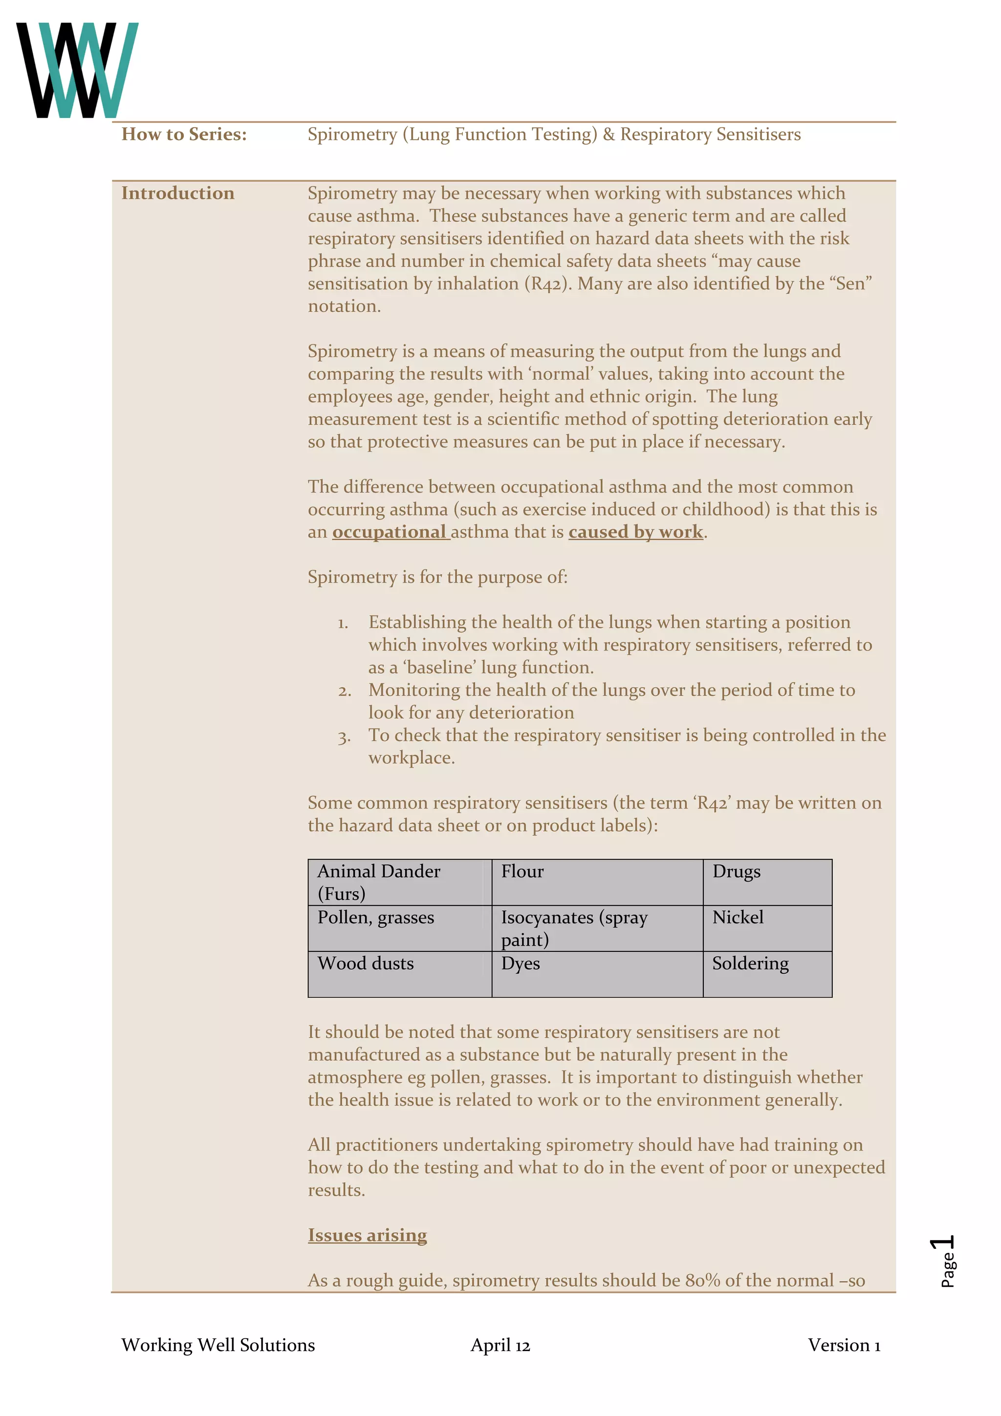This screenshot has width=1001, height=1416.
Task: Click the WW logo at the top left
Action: click(77, 70)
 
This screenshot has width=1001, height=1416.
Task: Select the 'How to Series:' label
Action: click(184, 134)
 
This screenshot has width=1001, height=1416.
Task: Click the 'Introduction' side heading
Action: click(177, 193)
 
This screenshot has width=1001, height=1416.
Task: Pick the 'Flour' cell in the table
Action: click(597, 882)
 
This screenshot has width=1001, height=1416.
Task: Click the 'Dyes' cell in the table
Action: click(597, 973)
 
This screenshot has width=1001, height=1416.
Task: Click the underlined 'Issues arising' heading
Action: click(367, 1235)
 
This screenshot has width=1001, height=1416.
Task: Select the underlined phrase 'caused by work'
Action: click(635, 532)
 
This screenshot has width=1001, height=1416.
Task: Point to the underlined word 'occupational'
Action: click(389, 532)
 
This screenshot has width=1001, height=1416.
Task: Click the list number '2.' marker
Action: click(344, 691)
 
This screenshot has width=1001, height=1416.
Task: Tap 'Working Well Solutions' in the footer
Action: click(218, 1345)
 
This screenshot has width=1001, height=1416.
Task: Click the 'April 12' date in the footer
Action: click(500, 1345)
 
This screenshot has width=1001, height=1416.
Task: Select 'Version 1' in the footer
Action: click(844, 1345)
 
